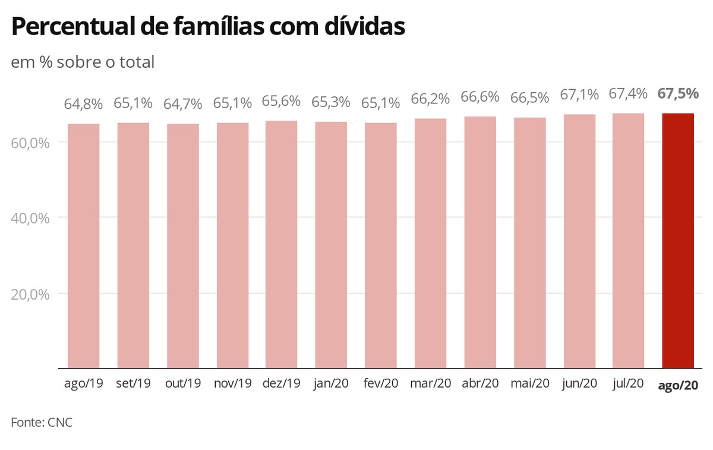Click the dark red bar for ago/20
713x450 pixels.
pyautogui.click(x=678, y=241)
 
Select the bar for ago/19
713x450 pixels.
pyautogui.click(x=84, y=246)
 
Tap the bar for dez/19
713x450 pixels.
pyautogui.click(x=282, y=244)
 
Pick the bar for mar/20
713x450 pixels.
pyautogui.click(x=430, y=243)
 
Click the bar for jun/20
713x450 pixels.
pyautogui.click(x=579, y=241)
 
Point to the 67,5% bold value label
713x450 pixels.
pyautogui.click(x=678, y=94)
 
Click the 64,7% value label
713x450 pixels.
pyautogui.click(x=183, y=103)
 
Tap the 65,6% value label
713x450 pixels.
pyautogui.click(x=282, y=102)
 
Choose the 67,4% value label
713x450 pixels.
pyautogui.click(x=628, y=94)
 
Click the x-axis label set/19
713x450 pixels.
pyautogui.click(x=133, y=383)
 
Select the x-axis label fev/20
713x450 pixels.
pyautogui.click(x=381, y=383)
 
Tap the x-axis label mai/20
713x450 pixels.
pyautogui.click(x=529, y=383)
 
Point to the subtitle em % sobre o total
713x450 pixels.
pyautogui.click(x=83, y=62)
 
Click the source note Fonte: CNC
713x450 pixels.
pyautogui.click(x=42, y=423)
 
